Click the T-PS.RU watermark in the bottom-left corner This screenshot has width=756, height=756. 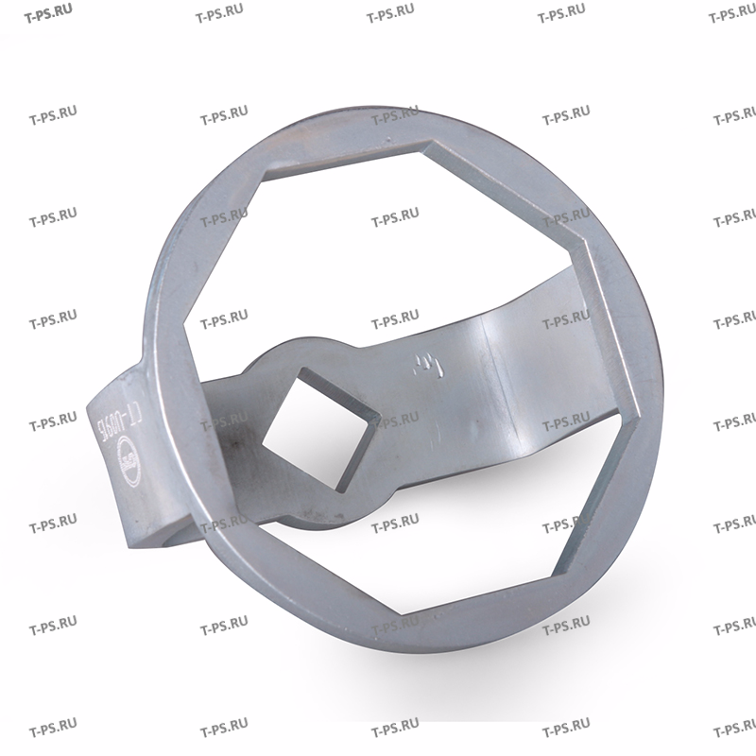[x=53, y=731]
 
